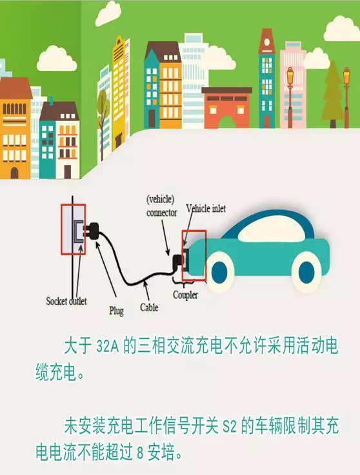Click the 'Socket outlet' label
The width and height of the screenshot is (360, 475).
(66, 301)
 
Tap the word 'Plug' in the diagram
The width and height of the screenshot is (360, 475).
(117, 311)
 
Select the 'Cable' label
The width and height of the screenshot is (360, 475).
(149, 307)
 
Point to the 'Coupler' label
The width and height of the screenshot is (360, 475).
(185, 295)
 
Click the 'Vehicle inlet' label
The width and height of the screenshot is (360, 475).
(206, 208)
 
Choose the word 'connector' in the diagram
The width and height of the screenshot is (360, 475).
(162, 213)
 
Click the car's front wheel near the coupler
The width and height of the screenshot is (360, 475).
(219, 272)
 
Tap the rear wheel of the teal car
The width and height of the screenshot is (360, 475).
(306, 272)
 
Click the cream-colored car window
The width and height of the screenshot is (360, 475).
(272, 229)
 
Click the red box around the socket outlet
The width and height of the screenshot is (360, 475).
(62, 229)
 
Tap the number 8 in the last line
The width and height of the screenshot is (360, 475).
(140, 453)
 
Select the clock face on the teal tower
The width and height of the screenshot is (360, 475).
(266, 42)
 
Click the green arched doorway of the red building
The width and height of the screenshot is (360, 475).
(226, 122)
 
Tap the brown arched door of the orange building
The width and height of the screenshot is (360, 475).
(14, 173)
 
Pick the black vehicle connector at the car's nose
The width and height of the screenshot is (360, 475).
(177, 262)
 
